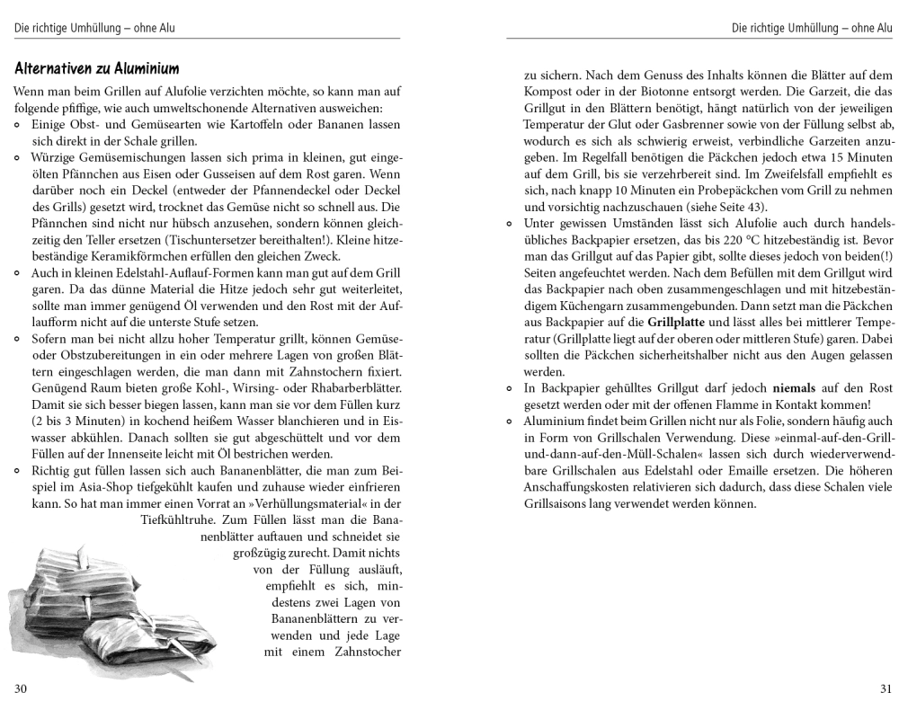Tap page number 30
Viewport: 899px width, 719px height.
(x=21, y=689)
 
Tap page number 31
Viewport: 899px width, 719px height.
(x=885, y=689)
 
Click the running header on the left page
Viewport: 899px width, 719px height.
(x=94, y=28)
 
